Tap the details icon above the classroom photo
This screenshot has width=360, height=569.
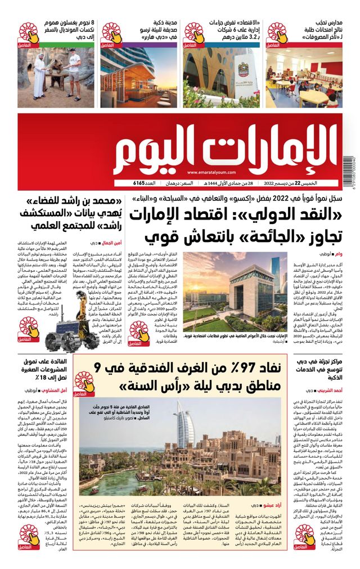tap(276, 34)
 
